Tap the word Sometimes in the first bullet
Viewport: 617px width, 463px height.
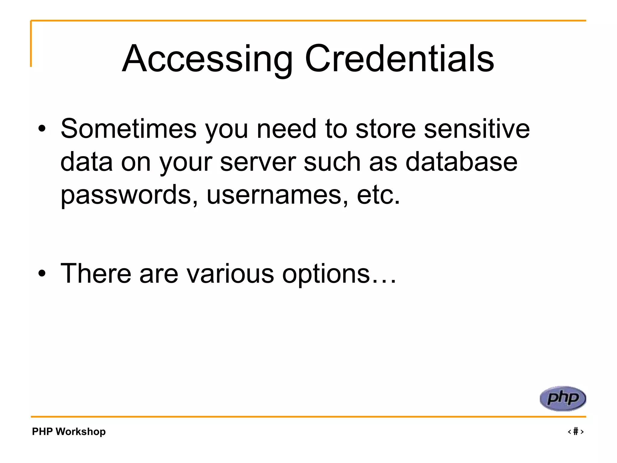click(129, 129)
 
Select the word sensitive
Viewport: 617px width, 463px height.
click(477, 129)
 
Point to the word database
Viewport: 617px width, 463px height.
click(461, 162)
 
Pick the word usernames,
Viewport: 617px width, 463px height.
click(277, 195)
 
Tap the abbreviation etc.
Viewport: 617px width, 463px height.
click(378, 195)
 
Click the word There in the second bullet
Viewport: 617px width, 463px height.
click(96, 273)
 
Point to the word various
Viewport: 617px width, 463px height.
click(230, 273)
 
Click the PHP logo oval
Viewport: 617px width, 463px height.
click(562, 398)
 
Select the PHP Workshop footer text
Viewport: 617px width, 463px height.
click(69, 431)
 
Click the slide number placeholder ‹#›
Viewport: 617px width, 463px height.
click(575, 431)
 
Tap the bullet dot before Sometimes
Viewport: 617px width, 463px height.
click(42, 129)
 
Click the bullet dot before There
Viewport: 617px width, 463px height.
click(42, 273)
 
